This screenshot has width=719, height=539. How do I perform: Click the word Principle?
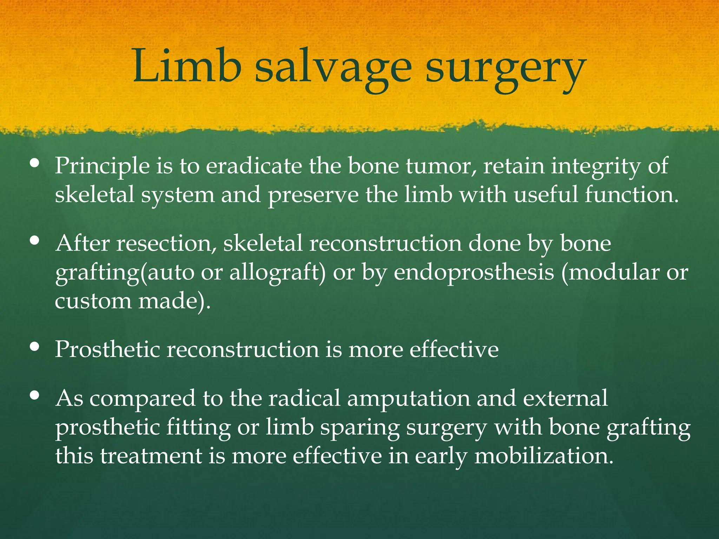[102, 166]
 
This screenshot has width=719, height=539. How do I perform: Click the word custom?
[93, 301]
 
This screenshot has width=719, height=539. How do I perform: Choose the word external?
[565, 398]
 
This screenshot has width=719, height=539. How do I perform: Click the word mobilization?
[544, 456]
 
